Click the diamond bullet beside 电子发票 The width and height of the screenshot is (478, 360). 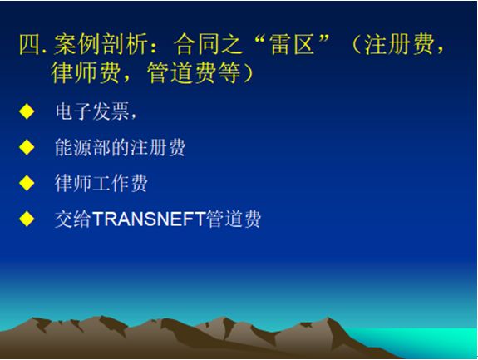click(27, 111)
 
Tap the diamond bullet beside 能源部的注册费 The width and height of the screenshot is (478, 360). click(27, 147)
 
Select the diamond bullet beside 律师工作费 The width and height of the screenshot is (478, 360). click(27, 183)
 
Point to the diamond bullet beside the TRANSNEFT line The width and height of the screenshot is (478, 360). click(27, 219)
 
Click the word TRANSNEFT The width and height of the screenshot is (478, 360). click(149, 219)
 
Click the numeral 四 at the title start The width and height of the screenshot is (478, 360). click(30, 45)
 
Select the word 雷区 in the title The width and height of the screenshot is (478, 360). click(292, 45)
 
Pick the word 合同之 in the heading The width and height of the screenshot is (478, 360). click(208, 45)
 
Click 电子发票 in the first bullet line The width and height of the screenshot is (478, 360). click(92, 111)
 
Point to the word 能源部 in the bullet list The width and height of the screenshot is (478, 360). click(83, 147)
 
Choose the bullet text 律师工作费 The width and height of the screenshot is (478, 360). click(101, 183)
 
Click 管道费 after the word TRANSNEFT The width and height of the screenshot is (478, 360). click(234, 219)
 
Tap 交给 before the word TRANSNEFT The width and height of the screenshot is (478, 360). click(73, 219)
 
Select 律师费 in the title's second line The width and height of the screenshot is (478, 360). click(86, 73)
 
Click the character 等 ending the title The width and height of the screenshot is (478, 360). click(229, 73)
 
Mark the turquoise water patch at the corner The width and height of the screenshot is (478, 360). click(426, 342)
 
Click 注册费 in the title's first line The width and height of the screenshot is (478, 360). click(399, 45)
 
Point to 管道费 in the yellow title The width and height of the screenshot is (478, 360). click(182, 73)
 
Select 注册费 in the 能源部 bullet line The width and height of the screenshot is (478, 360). click(158, 147)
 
